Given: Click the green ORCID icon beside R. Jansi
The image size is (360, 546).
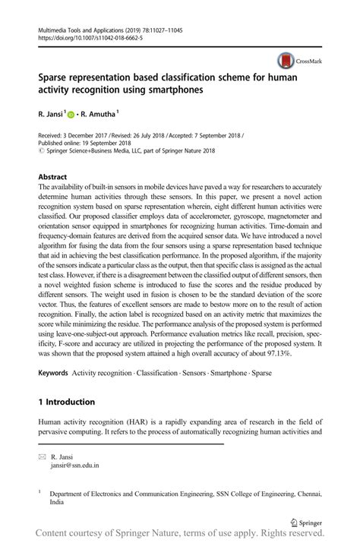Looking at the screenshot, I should click(x=71, y=115).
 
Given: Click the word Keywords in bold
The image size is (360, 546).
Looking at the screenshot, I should click(x=53, y=374).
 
